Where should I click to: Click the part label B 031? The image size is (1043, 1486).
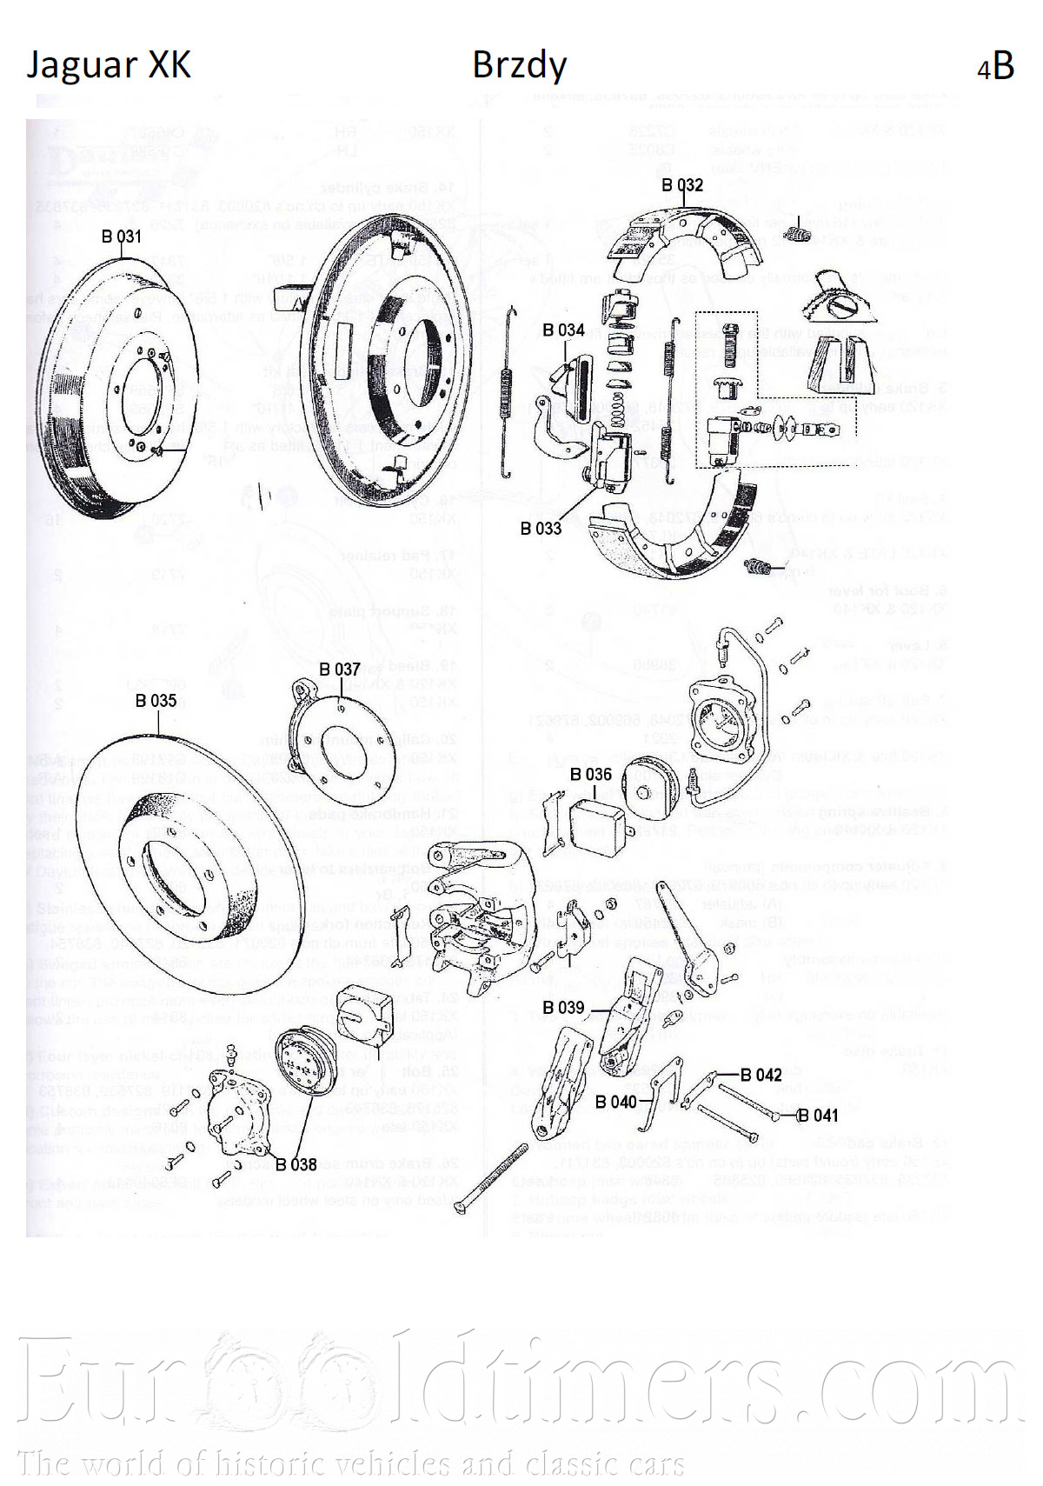[x=121, y=237]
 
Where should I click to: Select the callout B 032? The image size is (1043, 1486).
[x=682, y=185]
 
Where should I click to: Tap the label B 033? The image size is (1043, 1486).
[x=541, y=528]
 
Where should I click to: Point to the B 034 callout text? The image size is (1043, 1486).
[x=563, y=330]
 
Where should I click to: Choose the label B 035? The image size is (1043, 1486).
[x=156, y=701]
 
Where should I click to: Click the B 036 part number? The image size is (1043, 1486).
[x=591, y=775]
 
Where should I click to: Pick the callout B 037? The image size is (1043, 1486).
[x=339, y=670]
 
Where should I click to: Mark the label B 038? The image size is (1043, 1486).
[x=296, y=1164]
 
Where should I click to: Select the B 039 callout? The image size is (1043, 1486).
[x=563, y=1008]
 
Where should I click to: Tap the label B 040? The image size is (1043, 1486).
[x=616, y=1102]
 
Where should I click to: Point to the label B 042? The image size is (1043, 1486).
[x=761, y=1076]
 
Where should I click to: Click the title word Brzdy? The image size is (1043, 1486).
[x=519, y=66]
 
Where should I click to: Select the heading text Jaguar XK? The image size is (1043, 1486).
[x=109, y=66]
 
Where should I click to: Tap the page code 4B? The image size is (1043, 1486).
[x=996, y=66]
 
